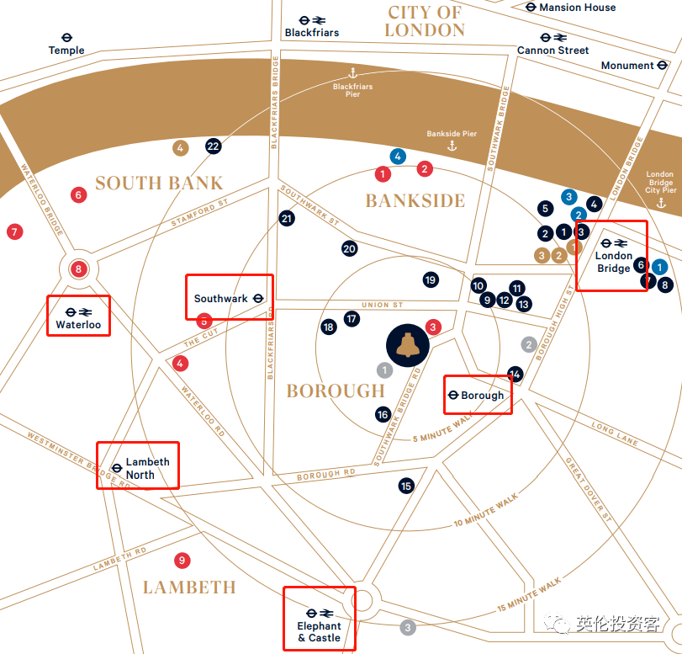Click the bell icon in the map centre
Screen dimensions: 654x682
coord(407,345)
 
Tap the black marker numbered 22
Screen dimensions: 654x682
coord(214,146)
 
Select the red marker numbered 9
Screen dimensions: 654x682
coord(182,560)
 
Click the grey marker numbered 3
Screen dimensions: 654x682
coord(408,627)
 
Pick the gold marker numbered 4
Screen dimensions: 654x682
coord(179,148)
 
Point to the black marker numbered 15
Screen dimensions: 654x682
coord(406,486)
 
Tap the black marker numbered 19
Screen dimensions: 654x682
coord(431,279)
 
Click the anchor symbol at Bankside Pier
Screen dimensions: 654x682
coord(452,146)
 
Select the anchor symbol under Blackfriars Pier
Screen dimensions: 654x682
coord(353,73)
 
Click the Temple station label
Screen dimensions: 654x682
coord(66,51)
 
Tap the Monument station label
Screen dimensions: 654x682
coord(627,66)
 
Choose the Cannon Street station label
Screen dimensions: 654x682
coord(552,51)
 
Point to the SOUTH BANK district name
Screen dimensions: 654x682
coord(159,183)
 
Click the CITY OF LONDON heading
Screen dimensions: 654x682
coord(425,21)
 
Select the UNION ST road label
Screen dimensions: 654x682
coord(382,305)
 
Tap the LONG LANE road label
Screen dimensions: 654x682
coord(615,433)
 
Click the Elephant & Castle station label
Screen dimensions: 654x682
coord(319,631)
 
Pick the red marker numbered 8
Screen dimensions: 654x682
coord(78,269)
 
